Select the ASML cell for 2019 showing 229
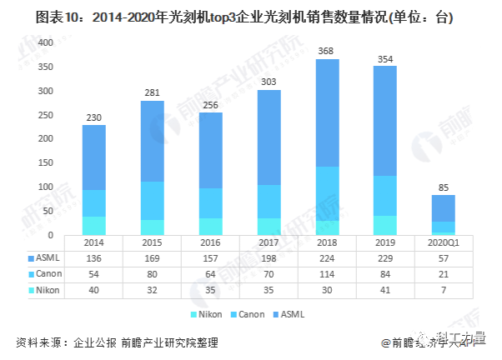click(x=385, y=257)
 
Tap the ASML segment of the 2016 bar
click(x=212, y=150)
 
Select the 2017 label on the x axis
click(x=268, y=243)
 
